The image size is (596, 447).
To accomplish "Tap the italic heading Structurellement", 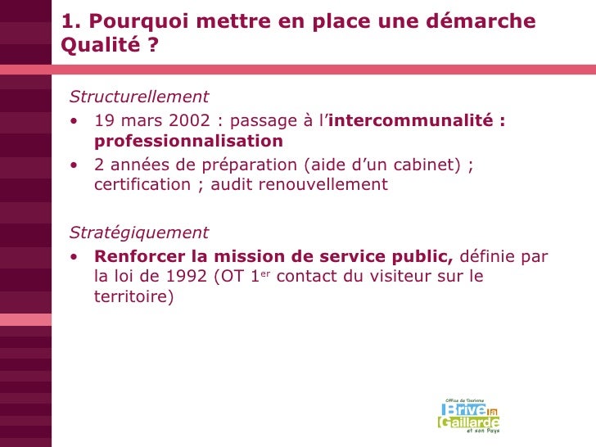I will point(139,97).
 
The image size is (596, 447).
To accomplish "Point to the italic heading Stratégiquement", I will point(139,233).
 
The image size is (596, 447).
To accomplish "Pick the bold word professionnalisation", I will point(188,142).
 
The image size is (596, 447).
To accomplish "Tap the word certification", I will point(142,185).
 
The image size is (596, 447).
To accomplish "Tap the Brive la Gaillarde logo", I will point(468,415).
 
